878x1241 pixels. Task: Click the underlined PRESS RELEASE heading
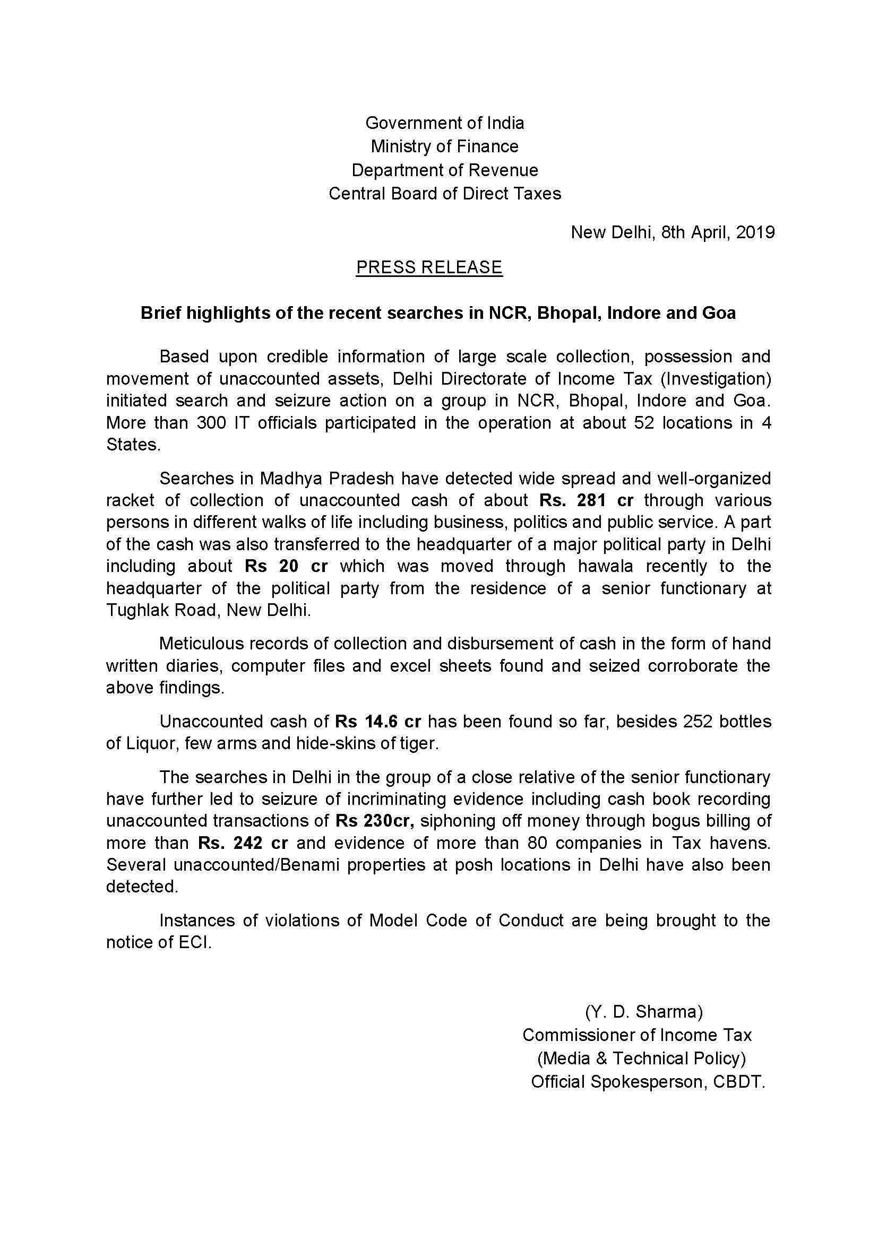(429, 267)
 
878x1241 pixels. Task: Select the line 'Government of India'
(444, 123)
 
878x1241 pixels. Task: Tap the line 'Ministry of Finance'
(444, 146)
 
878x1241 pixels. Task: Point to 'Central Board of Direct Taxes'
(444, 194)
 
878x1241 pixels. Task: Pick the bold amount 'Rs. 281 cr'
(586, 500)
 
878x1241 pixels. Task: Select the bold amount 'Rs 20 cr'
(286, 566)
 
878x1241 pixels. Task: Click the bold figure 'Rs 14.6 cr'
(378, 722)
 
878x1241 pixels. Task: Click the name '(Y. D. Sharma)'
(643, 1011)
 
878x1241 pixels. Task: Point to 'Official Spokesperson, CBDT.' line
(648, 1081)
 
